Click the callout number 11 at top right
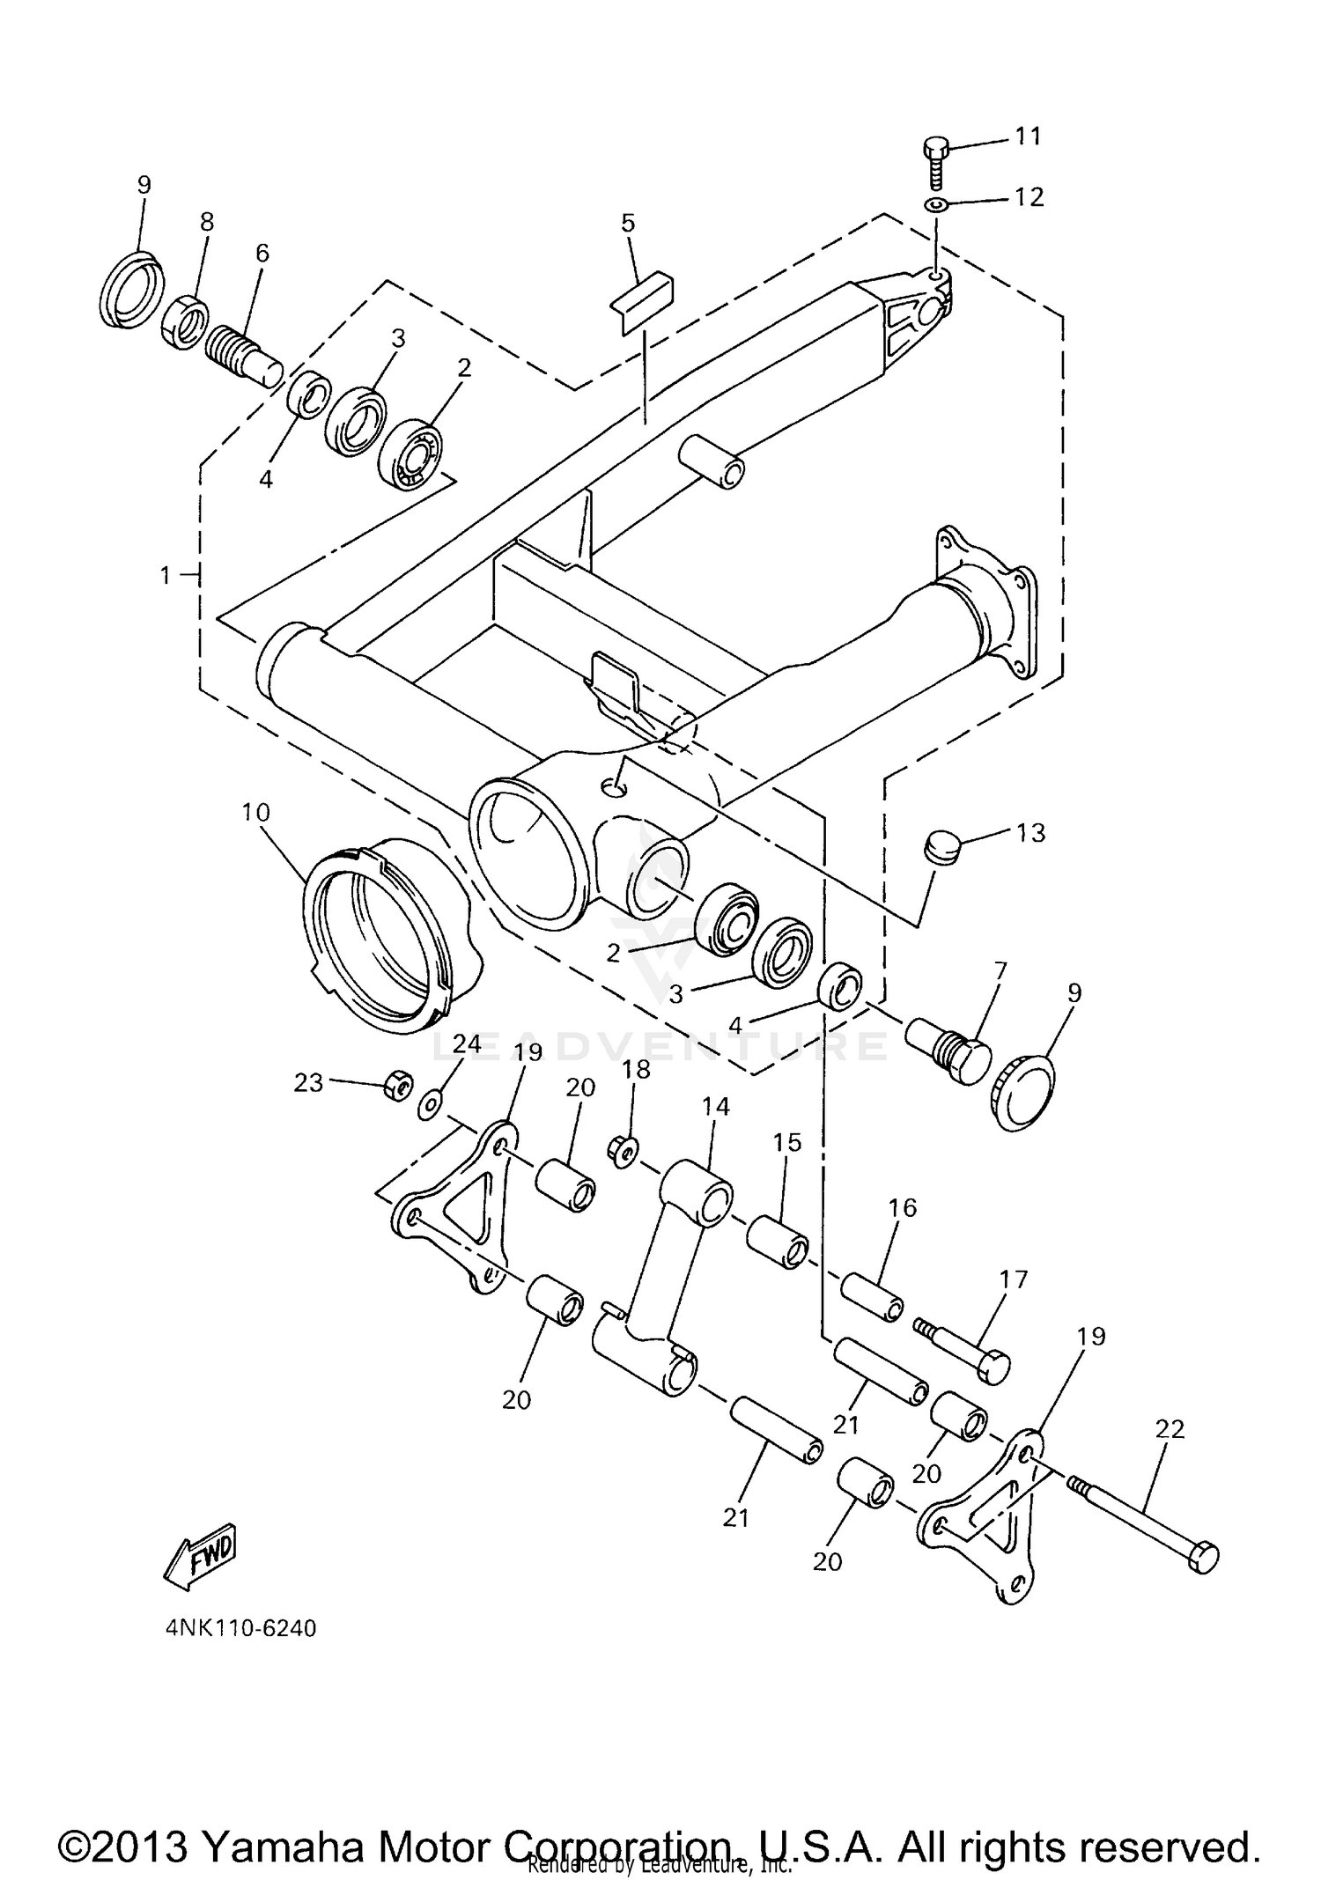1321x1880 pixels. (x=1028, y=136)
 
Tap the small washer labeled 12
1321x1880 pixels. (x=936, y=205)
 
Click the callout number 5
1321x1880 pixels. (x=627, y=223)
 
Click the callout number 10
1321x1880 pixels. (x=255, y=812)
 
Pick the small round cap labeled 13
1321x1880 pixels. (x=940, y=850)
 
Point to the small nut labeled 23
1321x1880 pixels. (x=397, y=1085)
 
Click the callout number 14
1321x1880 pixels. (x=716, y=1107)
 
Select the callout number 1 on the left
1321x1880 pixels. (x=165, y=576)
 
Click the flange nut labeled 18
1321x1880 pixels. (x=624, y=1150)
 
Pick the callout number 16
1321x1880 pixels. (x=904, y=1207)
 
